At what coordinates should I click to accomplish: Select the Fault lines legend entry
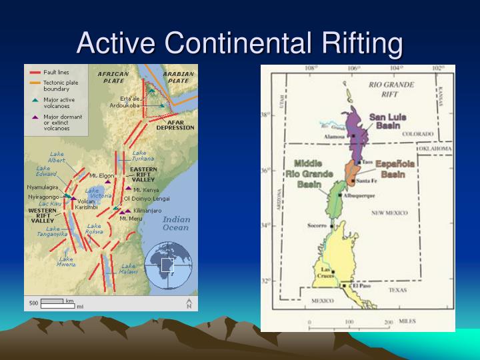[56, 73]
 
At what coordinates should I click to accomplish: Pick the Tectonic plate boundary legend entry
[59, 86]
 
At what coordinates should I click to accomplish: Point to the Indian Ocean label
[177, 223]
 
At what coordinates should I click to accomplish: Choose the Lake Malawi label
[129, 269]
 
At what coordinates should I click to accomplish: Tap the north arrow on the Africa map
[189, 304]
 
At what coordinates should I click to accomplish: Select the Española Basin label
[395, 169]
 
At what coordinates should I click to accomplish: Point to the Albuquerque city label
[361, 195]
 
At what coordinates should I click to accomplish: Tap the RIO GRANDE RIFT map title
[391, 89]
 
